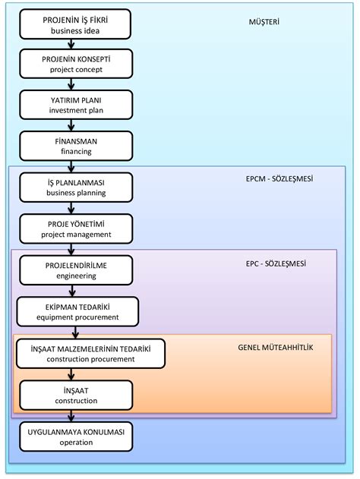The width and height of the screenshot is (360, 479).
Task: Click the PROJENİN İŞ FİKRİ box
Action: tap(75, 24)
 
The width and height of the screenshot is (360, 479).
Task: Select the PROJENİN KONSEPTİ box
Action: tap(76, 64)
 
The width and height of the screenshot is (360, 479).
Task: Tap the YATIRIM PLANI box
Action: tap(76, 105)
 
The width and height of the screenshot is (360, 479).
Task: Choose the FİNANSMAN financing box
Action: tap(76, 146)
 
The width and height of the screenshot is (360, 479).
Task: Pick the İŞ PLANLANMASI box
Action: tap(76, 188)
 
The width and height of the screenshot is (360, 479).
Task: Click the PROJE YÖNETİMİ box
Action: tap(76, 228)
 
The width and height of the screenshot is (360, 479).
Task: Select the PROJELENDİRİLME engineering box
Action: tap(76, 270)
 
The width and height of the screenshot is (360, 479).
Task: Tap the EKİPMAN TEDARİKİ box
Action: tap(77, 311)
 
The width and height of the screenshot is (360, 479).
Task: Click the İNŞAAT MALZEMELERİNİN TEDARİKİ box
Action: tap(91, 354)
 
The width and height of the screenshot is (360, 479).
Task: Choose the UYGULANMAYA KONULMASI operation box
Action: tap(76, 436)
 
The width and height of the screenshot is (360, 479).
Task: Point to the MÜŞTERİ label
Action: tap(264, 22)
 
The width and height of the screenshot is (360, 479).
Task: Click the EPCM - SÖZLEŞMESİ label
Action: tap(279, 178)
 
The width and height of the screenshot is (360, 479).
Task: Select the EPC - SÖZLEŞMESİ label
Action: tap(276, 263)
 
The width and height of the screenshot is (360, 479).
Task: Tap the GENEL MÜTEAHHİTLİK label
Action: tap(276, 348)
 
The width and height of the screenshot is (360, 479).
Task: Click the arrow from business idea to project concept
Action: tap(71, 44)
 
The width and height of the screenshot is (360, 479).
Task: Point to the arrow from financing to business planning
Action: tap(71, 167)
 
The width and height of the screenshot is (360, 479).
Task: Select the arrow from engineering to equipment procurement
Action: tap(72, 291)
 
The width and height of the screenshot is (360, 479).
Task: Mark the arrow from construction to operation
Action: tap(71, 416)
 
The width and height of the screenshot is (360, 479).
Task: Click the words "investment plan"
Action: tap(76, 110)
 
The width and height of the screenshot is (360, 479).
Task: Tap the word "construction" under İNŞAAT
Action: tap(76, 401)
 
